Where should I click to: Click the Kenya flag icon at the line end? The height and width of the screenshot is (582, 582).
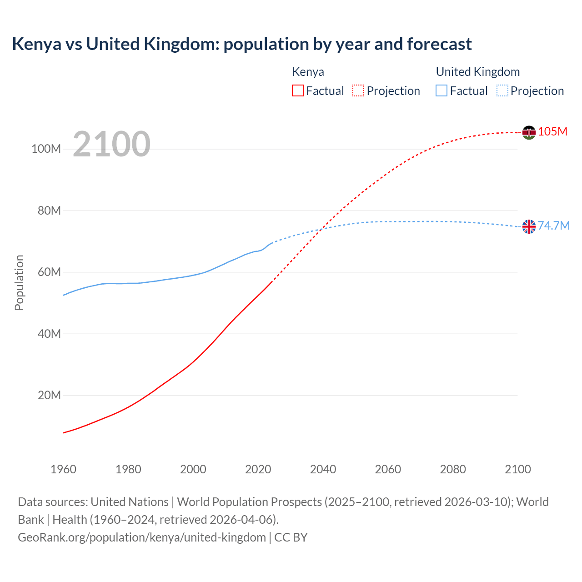(x=529, y=132)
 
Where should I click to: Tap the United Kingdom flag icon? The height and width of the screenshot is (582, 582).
(x=529, y=226)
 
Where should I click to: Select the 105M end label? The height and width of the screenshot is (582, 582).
(x=552, y=131)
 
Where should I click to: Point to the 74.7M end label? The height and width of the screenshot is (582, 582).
(x=553, y=226)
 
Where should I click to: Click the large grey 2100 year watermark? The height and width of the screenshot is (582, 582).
(x=111, y=144)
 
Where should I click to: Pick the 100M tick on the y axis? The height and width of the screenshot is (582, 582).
(x=46, y=149)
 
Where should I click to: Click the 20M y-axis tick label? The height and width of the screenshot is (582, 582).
(x=49, y=395)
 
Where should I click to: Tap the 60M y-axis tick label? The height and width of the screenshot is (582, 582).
(x=49, y=272)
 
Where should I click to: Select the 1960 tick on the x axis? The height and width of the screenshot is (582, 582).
(x=63, y=469)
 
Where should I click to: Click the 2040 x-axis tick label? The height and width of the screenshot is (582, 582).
(x=323, y=469)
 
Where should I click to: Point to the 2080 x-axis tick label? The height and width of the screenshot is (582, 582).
(x=453, y=469)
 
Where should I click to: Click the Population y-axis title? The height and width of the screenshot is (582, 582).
(x=19, y=282)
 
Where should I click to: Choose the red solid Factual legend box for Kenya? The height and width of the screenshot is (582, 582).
(x=298, y=91)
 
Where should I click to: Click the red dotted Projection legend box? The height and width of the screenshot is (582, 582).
(x=358, y=91)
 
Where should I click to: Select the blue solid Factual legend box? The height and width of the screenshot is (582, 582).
(x=442, y=91)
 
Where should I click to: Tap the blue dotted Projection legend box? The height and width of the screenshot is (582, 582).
(x=502, y=91)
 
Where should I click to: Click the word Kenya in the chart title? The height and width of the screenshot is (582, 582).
(x=36, y=44)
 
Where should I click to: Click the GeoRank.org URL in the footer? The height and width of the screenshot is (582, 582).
(x=142, y=537)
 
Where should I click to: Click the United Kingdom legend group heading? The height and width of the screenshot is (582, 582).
(x=477, y=72)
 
